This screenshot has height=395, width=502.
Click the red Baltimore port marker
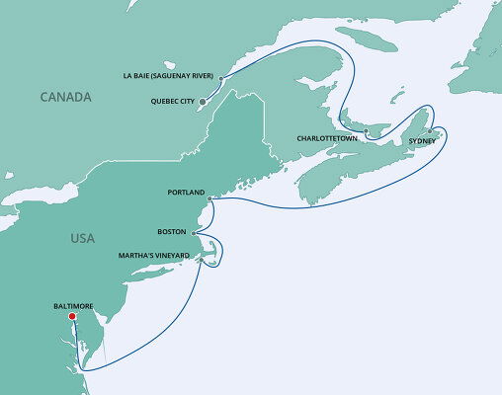coord(70,317)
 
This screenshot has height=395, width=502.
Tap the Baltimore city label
coord(73,306)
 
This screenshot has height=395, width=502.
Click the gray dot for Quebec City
coord(203,101)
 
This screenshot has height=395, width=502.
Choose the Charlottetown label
coord(326,139)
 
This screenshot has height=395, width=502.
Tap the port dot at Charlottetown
coord(365,131)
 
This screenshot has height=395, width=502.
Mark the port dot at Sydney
coord(429,130)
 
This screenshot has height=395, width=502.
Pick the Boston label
coord(171,232)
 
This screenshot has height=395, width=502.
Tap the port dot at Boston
coord(194,234)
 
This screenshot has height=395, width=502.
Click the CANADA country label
coord(65,97)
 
